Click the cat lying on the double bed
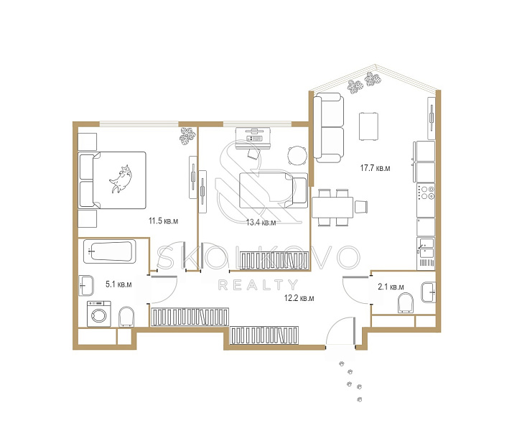121,180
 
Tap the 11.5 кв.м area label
163,221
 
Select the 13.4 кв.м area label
261,223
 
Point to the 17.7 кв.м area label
375,168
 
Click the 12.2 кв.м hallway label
299,298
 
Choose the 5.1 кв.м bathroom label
118,284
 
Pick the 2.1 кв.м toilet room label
391,287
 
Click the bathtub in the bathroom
109,251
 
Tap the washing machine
99,314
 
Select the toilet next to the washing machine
126,317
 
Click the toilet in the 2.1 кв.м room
406,302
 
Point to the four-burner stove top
426,193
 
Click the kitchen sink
426,248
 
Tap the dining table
332,208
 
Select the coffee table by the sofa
368,126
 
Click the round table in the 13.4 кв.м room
297,155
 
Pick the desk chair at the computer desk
253,153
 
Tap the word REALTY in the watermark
258,285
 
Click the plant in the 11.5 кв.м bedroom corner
188,136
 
